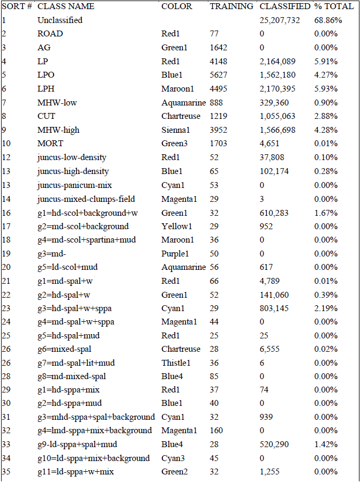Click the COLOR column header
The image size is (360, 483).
[177, 6]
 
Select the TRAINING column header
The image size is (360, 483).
[231, 6]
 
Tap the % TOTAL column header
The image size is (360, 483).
[334, 6]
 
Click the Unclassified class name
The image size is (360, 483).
[60, 20]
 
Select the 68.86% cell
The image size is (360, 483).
[328, 20]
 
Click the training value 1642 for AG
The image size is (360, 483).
[219, 48]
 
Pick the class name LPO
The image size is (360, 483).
[46, 75]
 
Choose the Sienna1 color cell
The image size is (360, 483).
[175, 130]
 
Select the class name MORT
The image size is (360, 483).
[50, 144]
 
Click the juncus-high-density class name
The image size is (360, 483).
[73, 171]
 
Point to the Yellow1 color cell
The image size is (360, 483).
[177, 226]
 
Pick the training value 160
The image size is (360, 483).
[216, 431]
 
